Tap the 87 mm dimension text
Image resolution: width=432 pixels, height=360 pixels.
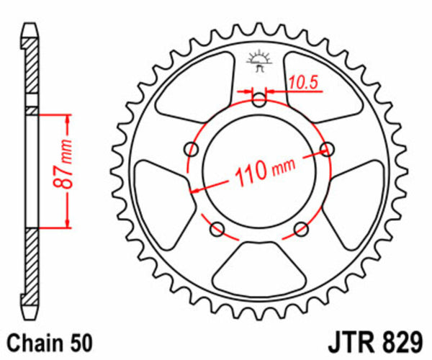[66, 171]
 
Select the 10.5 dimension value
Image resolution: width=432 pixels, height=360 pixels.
[303, 83]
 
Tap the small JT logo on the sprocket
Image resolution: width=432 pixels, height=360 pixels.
[258, 60]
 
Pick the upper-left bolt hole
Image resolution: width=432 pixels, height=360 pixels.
[192, 149]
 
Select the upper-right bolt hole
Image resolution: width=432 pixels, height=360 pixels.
[328, 150]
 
